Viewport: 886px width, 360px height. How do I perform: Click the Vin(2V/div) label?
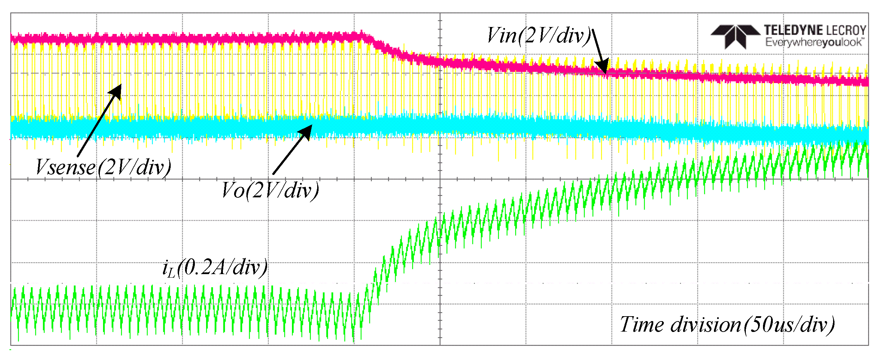539,36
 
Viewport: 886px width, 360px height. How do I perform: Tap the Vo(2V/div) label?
270,191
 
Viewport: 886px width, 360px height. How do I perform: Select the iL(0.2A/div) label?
215,268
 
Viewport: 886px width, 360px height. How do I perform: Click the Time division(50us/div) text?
727,325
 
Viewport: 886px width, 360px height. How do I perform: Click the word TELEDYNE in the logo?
794,30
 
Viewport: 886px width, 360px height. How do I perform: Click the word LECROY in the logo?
846,30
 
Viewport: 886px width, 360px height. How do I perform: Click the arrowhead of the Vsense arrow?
116,91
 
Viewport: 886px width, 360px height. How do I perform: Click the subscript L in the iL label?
171,273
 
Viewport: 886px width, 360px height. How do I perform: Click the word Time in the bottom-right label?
642,325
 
